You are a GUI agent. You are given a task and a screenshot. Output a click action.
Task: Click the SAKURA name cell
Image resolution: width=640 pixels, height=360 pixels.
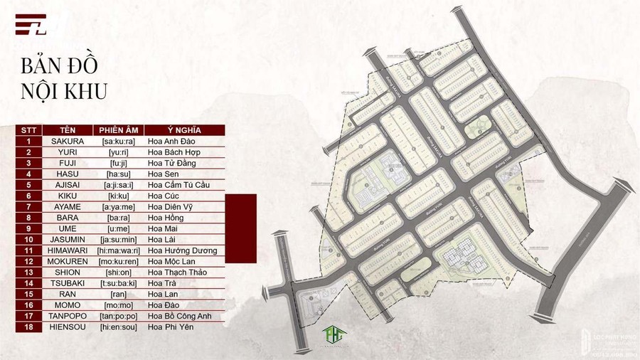68,141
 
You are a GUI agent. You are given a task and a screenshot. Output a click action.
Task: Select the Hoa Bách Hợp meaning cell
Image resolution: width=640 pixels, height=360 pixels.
185,152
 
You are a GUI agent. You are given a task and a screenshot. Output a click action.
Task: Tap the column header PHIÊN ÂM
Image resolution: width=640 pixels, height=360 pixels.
118,130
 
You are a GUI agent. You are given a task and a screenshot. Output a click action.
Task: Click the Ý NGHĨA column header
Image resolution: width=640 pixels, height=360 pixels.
185,130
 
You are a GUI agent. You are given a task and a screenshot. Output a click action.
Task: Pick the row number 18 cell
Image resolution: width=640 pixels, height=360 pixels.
29,327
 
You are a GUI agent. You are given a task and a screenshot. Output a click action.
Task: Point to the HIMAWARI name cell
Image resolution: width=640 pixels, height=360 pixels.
68,250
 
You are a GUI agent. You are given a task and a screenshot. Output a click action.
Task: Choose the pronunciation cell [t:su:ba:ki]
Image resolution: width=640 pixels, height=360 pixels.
118,283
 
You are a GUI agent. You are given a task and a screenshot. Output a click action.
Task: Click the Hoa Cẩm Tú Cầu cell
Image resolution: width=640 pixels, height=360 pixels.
185,185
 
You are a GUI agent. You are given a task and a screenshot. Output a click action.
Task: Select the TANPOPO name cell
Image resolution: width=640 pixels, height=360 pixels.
68,316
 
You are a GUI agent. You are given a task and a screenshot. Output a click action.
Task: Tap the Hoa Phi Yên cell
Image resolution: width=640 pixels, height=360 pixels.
185,327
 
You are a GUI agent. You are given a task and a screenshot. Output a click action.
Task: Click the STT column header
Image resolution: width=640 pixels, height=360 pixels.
29,130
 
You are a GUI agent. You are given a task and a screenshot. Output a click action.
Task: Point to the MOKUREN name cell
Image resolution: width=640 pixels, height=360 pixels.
68,262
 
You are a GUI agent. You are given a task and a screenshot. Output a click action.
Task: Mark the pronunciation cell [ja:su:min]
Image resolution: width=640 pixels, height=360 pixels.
118,240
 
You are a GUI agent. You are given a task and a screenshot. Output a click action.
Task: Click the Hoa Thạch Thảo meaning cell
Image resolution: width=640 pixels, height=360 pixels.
185,272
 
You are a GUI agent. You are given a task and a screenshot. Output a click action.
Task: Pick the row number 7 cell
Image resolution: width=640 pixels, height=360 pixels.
29,207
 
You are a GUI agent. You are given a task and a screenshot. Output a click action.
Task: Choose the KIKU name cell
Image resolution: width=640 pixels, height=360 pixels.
68,196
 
